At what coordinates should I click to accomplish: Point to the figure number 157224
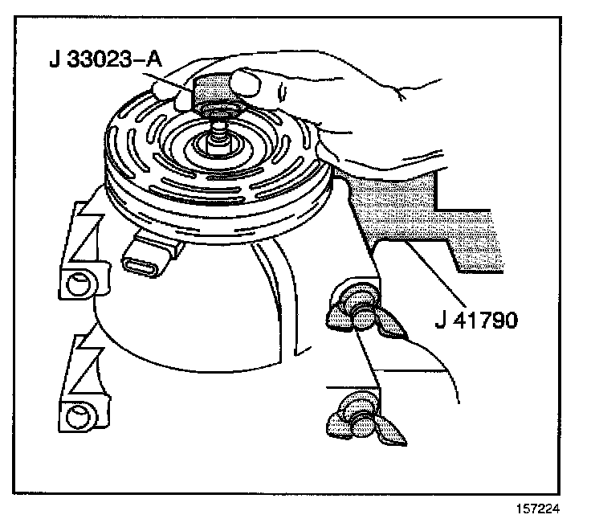tap(537, 509)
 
